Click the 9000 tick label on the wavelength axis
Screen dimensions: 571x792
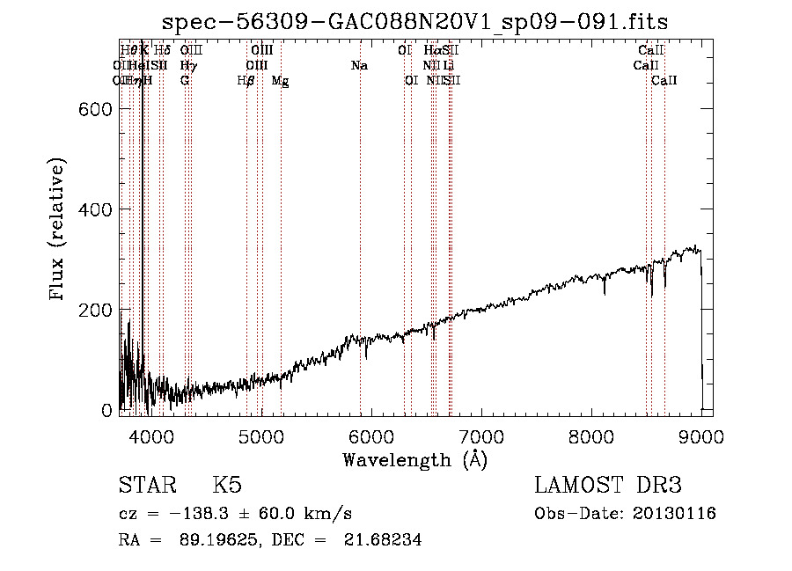[700, 436]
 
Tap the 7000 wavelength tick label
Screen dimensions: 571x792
[480, 436]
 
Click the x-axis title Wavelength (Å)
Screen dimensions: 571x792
[414, 459]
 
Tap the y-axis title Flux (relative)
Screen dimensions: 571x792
[58, 231]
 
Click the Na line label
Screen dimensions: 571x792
[359, 66]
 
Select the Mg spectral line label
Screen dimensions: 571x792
[280, 81]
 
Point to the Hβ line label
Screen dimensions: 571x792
[246, 81]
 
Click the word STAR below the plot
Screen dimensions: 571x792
[146, 487]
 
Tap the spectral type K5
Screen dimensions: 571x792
[227, 487]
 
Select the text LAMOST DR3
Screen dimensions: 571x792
[608, 487]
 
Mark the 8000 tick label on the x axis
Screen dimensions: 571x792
[590, 436]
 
